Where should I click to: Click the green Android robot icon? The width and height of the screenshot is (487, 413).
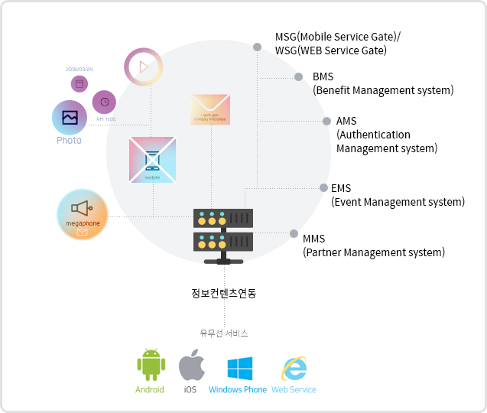pyautogui.click(x=150, y=365)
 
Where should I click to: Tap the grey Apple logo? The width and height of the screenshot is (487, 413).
pyautogui.click(x=191, y=366)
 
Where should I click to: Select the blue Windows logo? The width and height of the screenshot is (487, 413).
pyautogui.click(x=239, y=368)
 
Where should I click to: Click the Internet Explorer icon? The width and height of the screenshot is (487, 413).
pyautogui.click(x=294, y=368)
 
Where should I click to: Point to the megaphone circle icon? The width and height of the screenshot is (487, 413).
pyautogui.click(x=82, y=215)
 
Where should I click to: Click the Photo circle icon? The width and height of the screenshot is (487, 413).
pyautogui.click(x=69, y=118)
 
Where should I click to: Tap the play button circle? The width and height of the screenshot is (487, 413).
pyautogui.click(x=143, y=67)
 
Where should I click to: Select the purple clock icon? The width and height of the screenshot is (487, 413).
pyautogui.click(x=105, y=102)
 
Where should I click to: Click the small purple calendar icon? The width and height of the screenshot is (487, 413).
pyautogui.click(x=79, y=83)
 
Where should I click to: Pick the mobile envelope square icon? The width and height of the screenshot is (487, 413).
pyautogui.click(x=153, y=160)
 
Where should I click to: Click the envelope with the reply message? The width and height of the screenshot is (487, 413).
pyautogui.click(x=210, y=110)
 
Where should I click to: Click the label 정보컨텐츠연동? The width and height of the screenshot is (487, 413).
pyautogui.click(x=224, y=293)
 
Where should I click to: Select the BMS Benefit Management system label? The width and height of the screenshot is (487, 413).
pyautogui.click(x=383, y=83)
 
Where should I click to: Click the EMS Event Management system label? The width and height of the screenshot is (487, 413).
pyautogui.click(x=397, y=195)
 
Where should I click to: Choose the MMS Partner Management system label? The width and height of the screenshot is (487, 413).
pyautogui.click(x=373, y=245)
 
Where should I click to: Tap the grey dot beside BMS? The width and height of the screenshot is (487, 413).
pyautogui.click(x=299, y=76)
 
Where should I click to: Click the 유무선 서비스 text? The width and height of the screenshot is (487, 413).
pyautogui.click(x=224, y=333)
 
